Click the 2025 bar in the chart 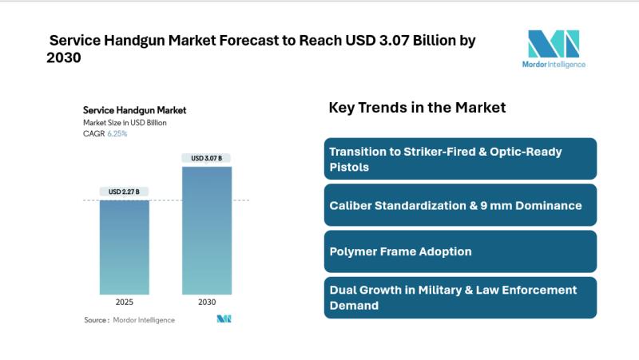coord(124,247)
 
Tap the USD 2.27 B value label coord(124,192)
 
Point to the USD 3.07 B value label coord(207,158)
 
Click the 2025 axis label coord(124,303)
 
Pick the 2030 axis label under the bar coord(207,303)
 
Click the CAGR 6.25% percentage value coord(117,134)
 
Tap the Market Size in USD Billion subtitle coord(125,123)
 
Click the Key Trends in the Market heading coord(417,108)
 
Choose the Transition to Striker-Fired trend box coord(460,158)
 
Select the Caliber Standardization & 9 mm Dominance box coord(460,205)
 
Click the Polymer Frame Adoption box coord(460,251)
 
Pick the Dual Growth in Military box coord(460,297)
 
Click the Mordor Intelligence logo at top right coord(553,43)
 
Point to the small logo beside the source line coord(224,319)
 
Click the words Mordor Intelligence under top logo coord(553,64)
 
